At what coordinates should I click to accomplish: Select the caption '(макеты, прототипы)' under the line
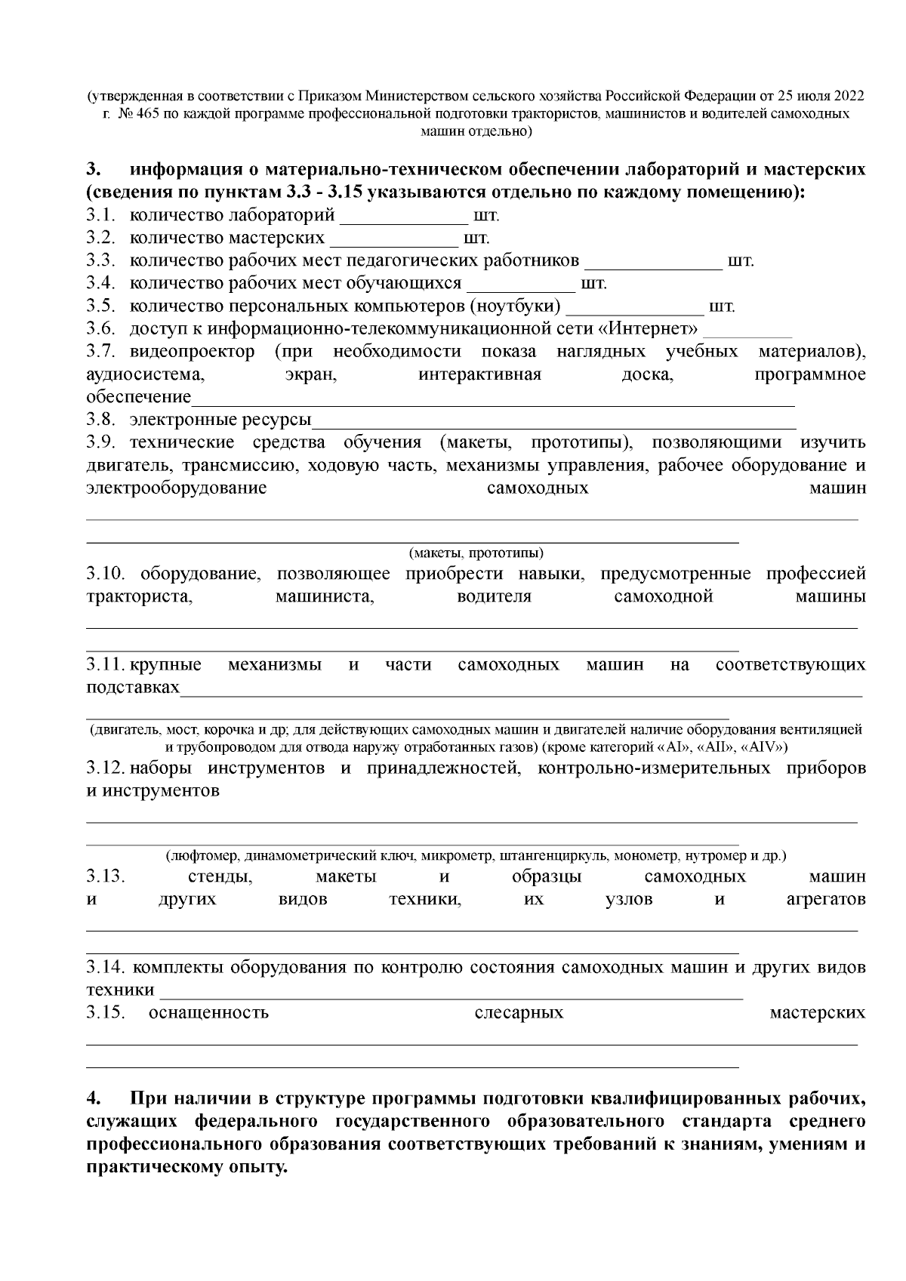pos(476,553)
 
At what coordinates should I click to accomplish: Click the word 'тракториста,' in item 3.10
pos(140,596)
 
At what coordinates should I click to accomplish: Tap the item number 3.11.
pos(105,665)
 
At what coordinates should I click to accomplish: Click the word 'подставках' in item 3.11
pos(133,688)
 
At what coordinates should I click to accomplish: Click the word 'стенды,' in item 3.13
pos(220,877)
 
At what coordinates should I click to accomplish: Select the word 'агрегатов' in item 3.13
pos(821,900)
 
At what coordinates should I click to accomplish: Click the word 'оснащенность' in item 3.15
pos(209,1013)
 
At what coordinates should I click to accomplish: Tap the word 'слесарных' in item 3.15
pos(519,1013)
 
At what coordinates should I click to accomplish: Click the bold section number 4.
pos(92,1098)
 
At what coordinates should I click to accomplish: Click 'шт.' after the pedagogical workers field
pos(740,262)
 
